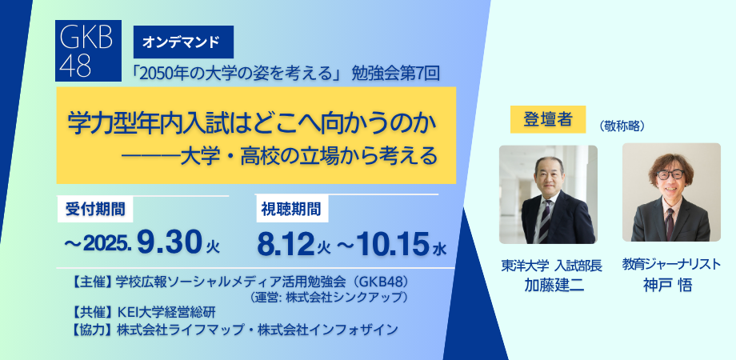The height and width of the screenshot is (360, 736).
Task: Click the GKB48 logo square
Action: point(88,50)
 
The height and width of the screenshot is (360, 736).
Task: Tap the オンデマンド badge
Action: point(183,42)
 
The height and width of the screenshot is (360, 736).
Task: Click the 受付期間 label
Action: point(95,210)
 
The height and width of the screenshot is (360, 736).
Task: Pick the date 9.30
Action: point(170,244)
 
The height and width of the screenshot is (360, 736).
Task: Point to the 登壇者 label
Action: point(548,119)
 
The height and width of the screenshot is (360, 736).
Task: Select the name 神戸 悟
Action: point(668,285)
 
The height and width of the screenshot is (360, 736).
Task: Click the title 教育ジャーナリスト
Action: point(670,264)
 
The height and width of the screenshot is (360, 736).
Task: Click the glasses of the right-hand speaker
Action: point(670,174)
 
